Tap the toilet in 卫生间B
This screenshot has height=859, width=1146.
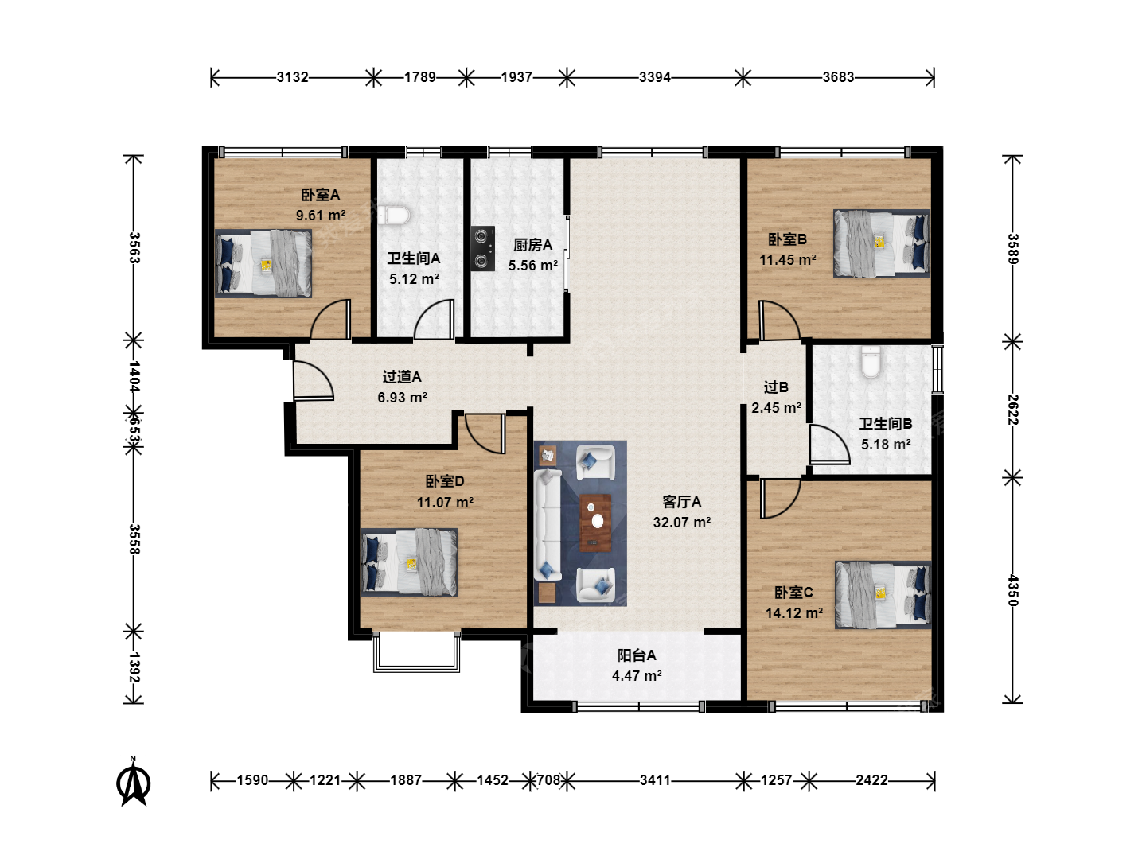(x=871, y=361)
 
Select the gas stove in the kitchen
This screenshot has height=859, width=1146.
(x=483, y=248)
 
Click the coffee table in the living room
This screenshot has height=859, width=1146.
(x=596, y=523)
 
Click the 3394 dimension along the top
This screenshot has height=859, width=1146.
(x=655, y=77)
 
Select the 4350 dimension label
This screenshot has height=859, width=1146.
(x=1012, y=590)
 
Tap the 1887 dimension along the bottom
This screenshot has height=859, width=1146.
(x=406, y=779)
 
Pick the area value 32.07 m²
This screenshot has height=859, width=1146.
(x=682, y=522)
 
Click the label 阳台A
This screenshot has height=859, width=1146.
(x=637, y=655)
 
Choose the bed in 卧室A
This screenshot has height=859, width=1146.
(x=263, y=264)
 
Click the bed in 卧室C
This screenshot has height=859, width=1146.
(x=883, y=595)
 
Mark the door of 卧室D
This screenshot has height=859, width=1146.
(x=485, y=433)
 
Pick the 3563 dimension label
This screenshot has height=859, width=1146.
(x=134, y=247)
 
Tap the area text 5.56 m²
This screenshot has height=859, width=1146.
(x=533, y=266)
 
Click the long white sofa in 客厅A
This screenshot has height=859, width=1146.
(x=547, y=525)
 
